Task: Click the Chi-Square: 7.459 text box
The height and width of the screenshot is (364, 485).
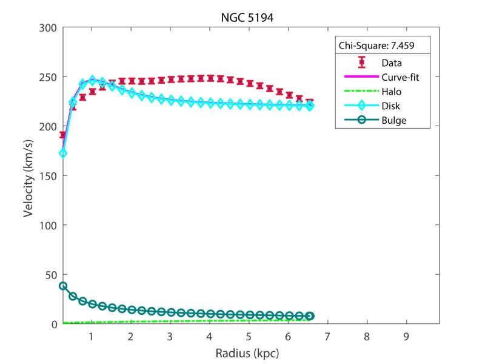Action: [375, 45]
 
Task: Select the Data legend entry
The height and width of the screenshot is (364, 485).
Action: [392, 62]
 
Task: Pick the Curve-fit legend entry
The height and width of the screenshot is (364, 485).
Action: [400, 76]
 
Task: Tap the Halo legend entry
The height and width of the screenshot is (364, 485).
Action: [392, 91]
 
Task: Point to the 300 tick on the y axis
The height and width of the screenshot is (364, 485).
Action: [48, 27]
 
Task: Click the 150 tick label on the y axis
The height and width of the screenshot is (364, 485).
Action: [48, 176]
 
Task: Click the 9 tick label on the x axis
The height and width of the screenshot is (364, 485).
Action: [406, 336]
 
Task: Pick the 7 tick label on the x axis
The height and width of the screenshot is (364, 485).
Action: [327, 336]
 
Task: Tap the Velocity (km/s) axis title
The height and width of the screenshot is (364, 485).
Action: [28, 175]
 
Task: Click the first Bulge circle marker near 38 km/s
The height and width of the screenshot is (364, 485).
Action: [63, 286]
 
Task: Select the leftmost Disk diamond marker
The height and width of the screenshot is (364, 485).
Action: [63, 153]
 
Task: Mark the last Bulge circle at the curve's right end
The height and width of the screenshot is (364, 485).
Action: [310, 316]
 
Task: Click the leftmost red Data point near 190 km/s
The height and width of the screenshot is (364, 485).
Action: [62, 135]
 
